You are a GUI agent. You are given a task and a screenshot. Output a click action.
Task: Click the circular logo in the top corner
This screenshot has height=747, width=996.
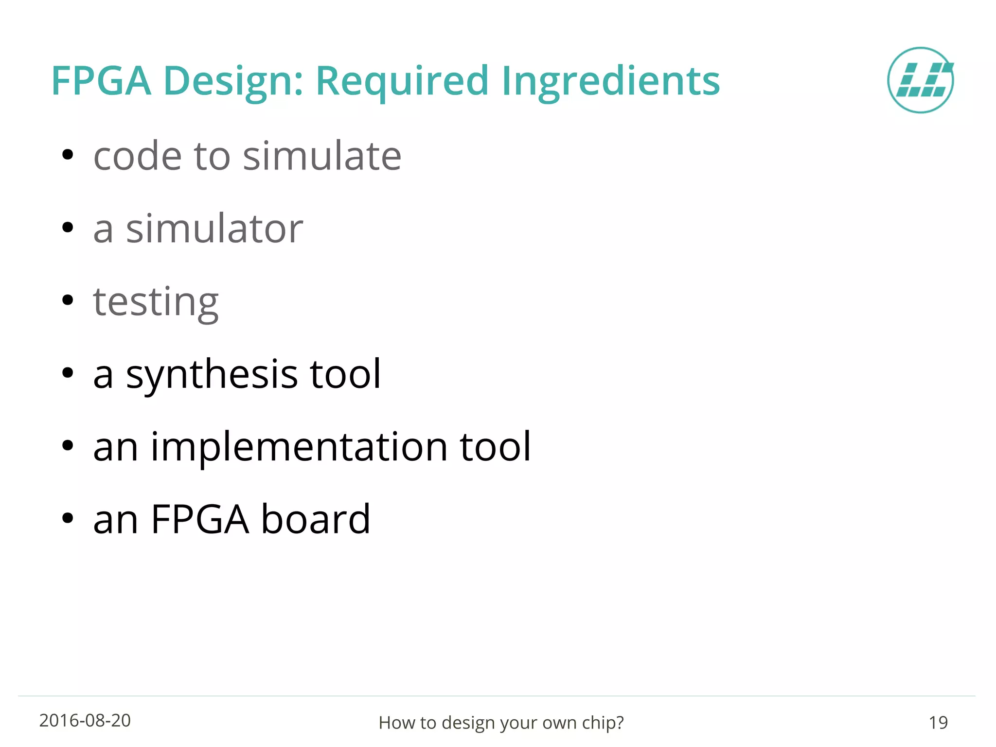coord(920,80)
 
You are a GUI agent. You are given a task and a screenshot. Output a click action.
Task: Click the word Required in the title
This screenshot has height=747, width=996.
coord(402,81)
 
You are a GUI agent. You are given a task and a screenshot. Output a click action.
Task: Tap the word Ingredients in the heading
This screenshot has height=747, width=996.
coord(610,81)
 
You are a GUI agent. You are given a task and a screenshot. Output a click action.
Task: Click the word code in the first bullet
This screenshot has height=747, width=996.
coord(138,157)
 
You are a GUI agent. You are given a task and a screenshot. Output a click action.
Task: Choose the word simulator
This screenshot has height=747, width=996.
coord(214,229)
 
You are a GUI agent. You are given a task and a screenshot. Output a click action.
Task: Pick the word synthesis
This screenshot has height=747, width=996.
coord(212,375)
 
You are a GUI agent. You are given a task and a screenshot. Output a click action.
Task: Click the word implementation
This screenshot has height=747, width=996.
coord(299,447)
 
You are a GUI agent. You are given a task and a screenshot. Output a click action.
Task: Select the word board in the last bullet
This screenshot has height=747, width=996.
coord(316,519)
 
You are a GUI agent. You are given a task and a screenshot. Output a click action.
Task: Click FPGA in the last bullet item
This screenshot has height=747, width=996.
coord(200,519)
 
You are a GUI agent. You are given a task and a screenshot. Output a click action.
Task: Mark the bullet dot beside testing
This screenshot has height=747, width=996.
coord(68,300)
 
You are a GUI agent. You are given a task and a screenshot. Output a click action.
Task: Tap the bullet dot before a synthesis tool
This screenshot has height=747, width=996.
coord(68,373)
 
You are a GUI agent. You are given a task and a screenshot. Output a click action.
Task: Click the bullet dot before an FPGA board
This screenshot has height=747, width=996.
coord(68,518)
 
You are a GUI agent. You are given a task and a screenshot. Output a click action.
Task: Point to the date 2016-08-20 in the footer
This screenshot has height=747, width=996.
coord(85,721)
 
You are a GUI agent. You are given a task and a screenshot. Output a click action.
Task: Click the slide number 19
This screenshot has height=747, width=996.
coord(938,723)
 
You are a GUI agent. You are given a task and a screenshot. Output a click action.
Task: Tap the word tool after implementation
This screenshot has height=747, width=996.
coord(495,447)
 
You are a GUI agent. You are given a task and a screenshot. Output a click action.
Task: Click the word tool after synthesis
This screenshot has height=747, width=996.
coord(345,374)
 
